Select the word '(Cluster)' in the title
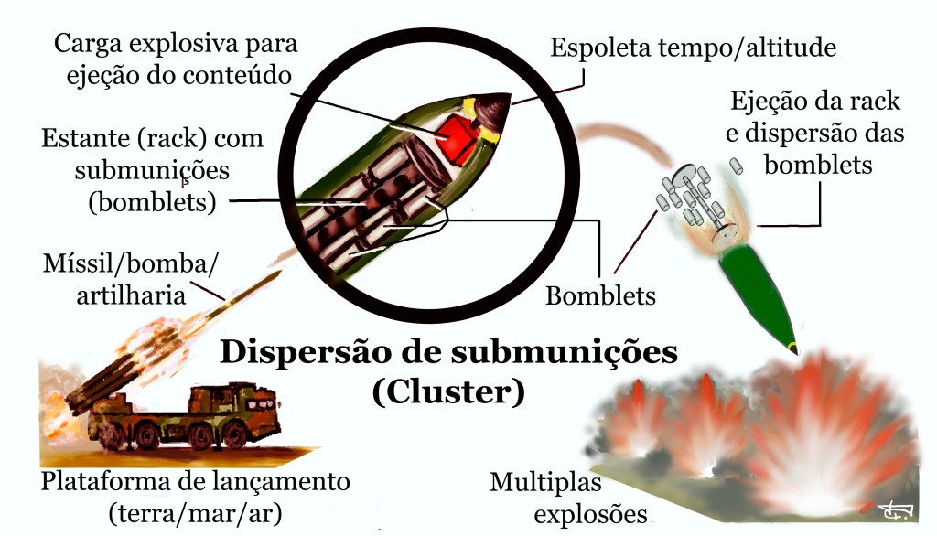(x=448, y=391)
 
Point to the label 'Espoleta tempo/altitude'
(x=693, y=48)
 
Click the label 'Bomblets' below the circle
(x=600, y=295)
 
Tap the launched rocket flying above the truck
(x=229, y=302)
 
